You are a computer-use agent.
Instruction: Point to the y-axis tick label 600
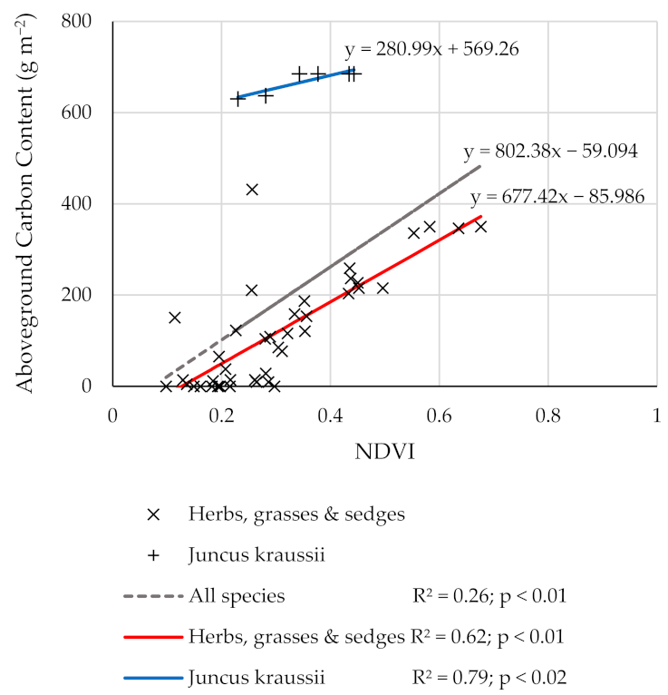coord(82,113)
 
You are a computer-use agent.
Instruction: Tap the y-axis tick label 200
coord(82,295)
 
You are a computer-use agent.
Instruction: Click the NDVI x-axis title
coord(383,453)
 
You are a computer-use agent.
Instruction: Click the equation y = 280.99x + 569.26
coord(431,49)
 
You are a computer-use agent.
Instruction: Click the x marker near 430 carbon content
coord(252,189)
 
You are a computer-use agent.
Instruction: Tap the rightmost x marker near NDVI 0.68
coord(480,226)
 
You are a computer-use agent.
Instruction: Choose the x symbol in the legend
coord(153,514)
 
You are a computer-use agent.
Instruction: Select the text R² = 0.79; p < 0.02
coord(488,677)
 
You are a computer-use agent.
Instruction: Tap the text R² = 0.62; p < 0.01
coord(488,636)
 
